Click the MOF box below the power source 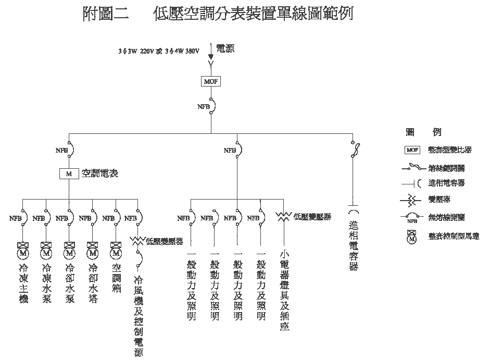pos(211,81)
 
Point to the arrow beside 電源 pos(211,51)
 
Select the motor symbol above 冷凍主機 pos(22,251)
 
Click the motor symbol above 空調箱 pos(116,251)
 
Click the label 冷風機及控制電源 pos(139,316)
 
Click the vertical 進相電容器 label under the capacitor pos(354,245)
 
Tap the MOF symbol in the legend pos(412,150)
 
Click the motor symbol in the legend pos(412,237)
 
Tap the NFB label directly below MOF pos(203,106)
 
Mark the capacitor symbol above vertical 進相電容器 pos(354,212)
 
